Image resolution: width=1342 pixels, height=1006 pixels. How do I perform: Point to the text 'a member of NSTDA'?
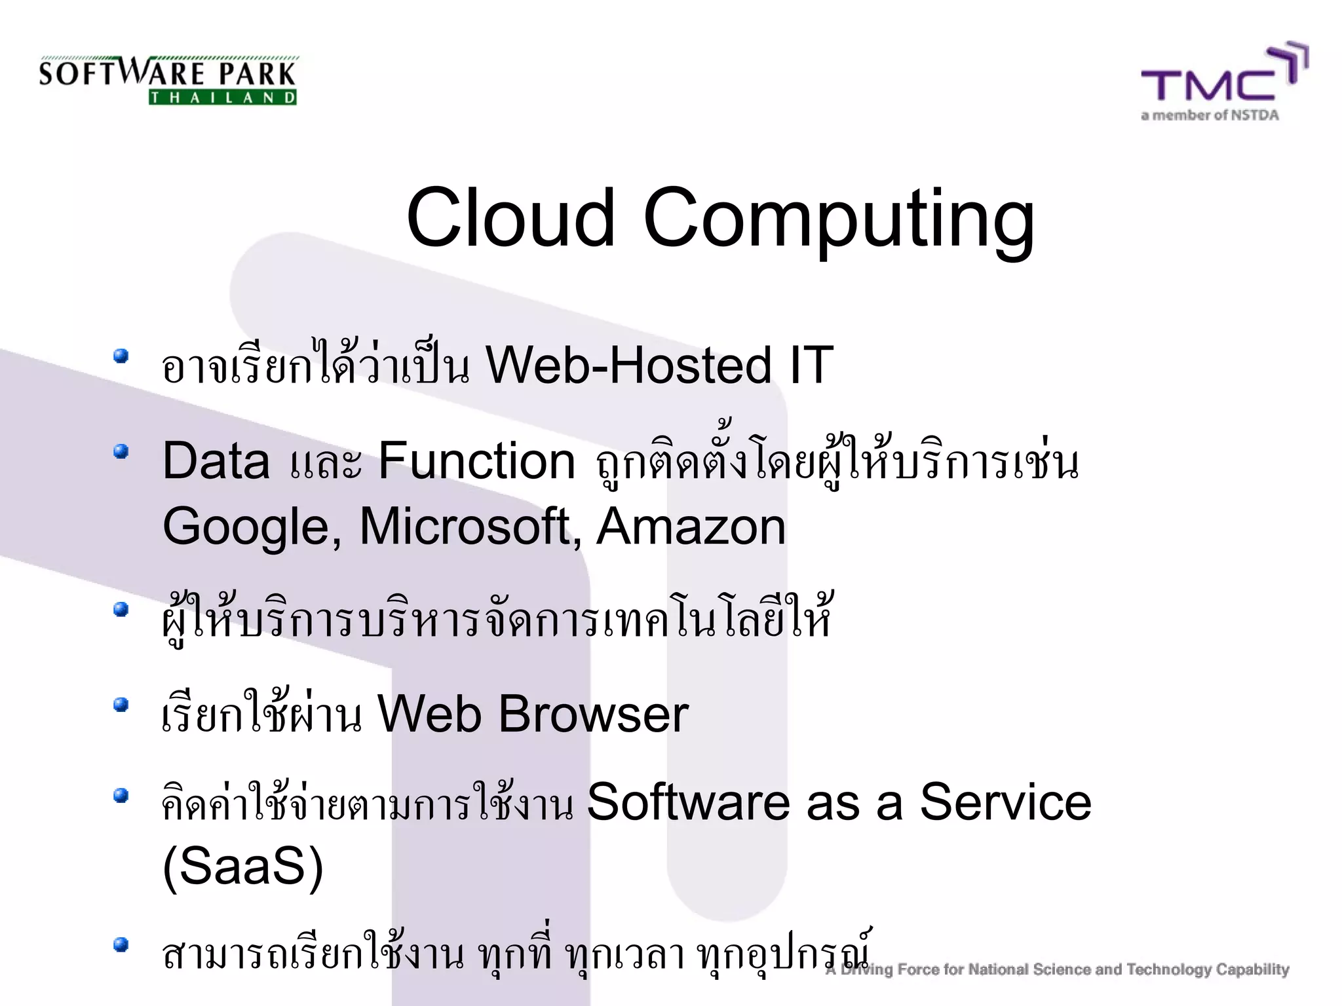click(1210, 116)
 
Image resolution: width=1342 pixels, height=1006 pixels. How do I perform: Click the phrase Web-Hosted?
click(628, 365)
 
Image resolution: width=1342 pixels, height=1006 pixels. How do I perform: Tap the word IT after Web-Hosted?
click(811, 365)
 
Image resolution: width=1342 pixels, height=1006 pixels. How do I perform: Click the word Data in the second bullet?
click(216, 460)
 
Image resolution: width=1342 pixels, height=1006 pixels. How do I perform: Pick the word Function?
click(476, 460)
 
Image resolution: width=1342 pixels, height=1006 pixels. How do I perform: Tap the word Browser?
click(593, 713)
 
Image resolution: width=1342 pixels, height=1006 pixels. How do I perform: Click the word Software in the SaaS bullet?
click(688, 802)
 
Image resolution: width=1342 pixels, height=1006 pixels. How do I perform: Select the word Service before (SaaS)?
click(1005, 802)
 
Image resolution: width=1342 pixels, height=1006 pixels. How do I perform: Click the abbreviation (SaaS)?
click(242, 866)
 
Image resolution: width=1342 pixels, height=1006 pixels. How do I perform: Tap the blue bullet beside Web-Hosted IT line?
click(120, 356)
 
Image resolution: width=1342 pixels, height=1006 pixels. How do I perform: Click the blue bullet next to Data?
click(120, 452)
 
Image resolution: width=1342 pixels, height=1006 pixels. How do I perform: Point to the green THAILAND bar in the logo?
click(223, 98)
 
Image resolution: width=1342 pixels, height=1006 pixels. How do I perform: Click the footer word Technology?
click(1169, 969)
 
